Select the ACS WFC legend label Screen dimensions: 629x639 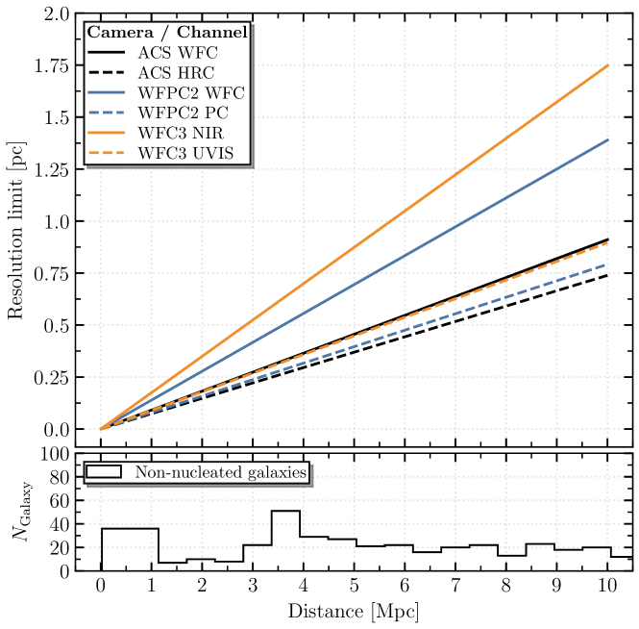coord(177,53)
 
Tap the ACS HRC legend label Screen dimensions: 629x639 coord(176,73)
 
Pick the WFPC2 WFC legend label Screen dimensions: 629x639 coord(190,93)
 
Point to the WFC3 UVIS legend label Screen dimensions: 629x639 coord(185,154)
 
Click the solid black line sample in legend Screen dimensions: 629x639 coord(106,53)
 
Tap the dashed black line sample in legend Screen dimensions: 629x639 coord(106,73)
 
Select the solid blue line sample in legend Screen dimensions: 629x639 coord(106,93)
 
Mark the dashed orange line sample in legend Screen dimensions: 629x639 coord(106,154)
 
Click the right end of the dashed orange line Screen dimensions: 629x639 coord(608,242)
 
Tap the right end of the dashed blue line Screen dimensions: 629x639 coord(608,264)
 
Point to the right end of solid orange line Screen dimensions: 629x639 coord(608,64)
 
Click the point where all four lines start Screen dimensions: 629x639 coord(100,429)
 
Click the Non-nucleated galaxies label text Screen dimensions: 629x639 coord(220,472)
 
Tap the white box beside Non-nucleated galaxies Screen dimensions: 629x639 coord(104,472)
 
